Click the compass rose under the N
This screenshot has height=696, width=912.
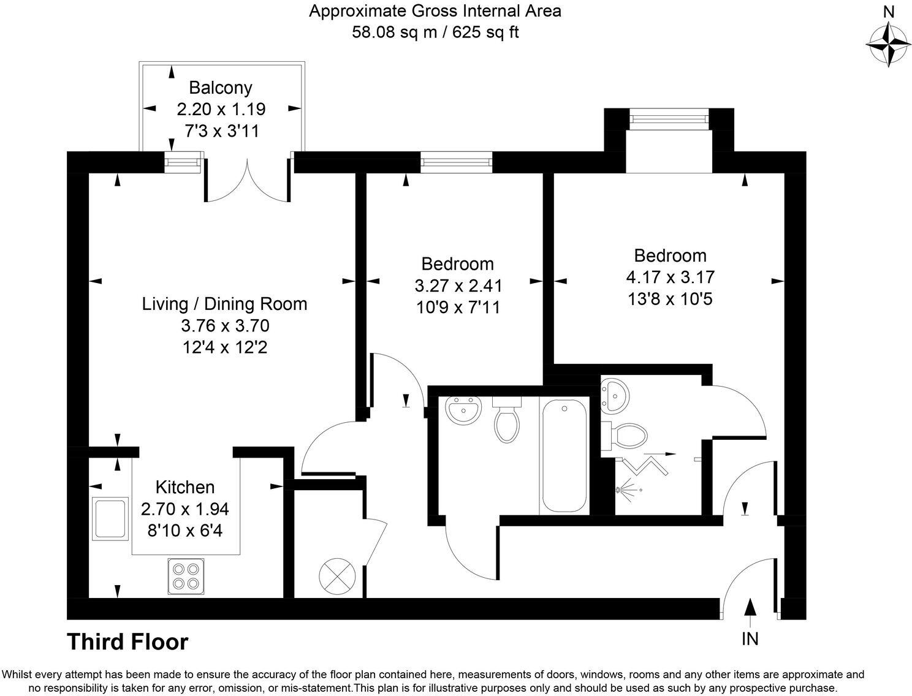pyautogui.click(x=888, y=45)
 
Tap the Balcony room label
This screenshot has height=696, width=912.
pyautogui.click(x=220, y=88)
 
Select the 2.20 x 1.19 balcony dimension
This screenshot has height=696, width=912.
pyautogui.click(x=221, y=109)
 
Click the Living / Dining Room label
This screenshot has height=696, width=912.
pyautogui.click(x=224, y=304)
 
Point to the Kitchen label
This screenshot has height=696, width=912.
pyautogui.click(x=185, y=487)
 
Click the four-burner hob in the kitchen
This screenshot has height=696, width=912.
pyautogui.click(x=186, y=576)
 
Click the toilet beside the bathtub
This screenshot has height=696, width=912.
pyautogui.click(x=507, y=422)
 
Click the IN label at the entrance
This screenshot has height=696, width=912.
pyautogui.click(x=750, y=639)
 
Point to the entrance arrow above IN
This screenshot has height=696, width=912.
pyautogui.click(x=750, y=607)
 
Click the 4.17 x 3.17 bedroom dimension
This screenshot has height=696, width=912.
pyautogui.click(x=670, y=277)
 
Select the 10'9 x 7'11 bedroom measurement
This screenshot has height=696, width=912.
pyautogui.click(x=458, y=307)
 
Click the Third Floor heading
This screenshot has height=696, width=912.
pyautogui.click(x=127, y=642)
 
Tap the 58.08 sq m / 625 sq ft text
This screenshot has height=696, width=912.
pyautogui.click(x=435, y=32)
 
